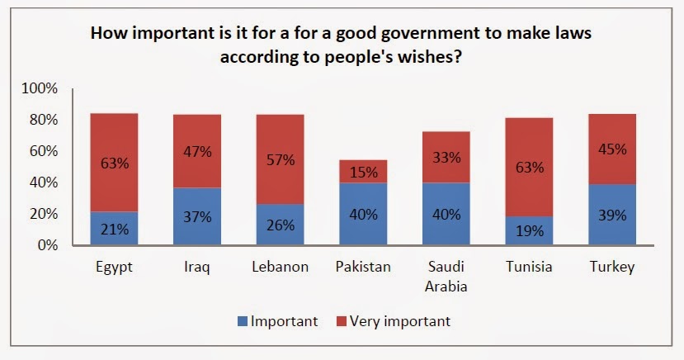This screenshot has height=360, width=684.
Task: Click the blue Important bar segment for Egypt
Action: coord(114,229)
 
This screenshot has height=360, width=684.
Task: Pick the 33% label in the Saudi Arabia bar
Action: coord(446,157)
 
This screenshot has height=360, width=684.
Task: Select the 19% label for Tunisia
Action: coord(529,231)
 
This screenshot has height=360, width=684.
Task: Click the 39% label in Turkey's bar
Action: coord(612,215)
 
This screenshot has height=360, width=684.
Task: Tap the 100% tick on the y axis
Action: coord(40,88)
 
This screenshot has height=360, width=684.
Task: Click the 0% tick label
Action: coord(47,245)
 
